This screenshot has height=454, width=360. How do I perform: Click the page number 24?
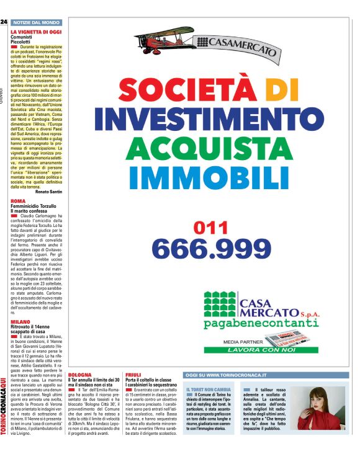click(x=4, y=22)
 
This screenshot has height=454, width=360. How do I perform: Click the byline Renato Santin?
click(x=49, y=192)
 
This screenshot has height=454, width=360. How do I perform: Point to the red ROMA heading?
click(x=18, y=202)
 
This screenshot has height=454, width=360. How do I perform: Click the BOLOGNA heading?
click(x=80, y=376)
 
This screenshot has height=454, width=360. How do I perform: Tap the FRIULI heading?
click(x=133, y=376)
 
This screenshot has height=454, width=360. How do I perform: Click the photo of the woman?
click(x=326, y=408)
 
